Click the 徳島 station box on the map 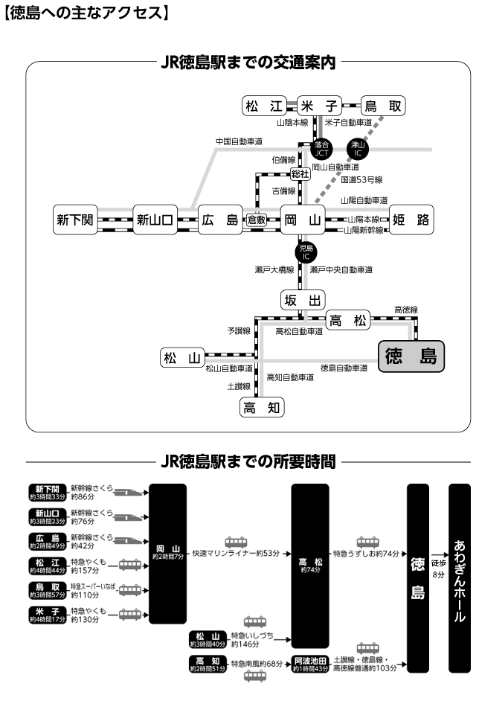[411, 357]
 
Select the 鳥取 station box [382, 106]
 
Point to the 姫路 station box [411, 220]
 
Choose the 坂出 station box [303, 300]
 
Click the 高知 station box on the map [262, 407]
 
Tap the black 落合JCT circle [322, 149]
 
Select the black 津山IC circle [358, 149]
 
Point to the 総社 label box [300, 173]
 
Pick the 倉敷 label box [257, 220]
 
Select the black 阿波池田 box [311, 664]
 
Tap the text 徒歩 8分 [438, 549]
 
